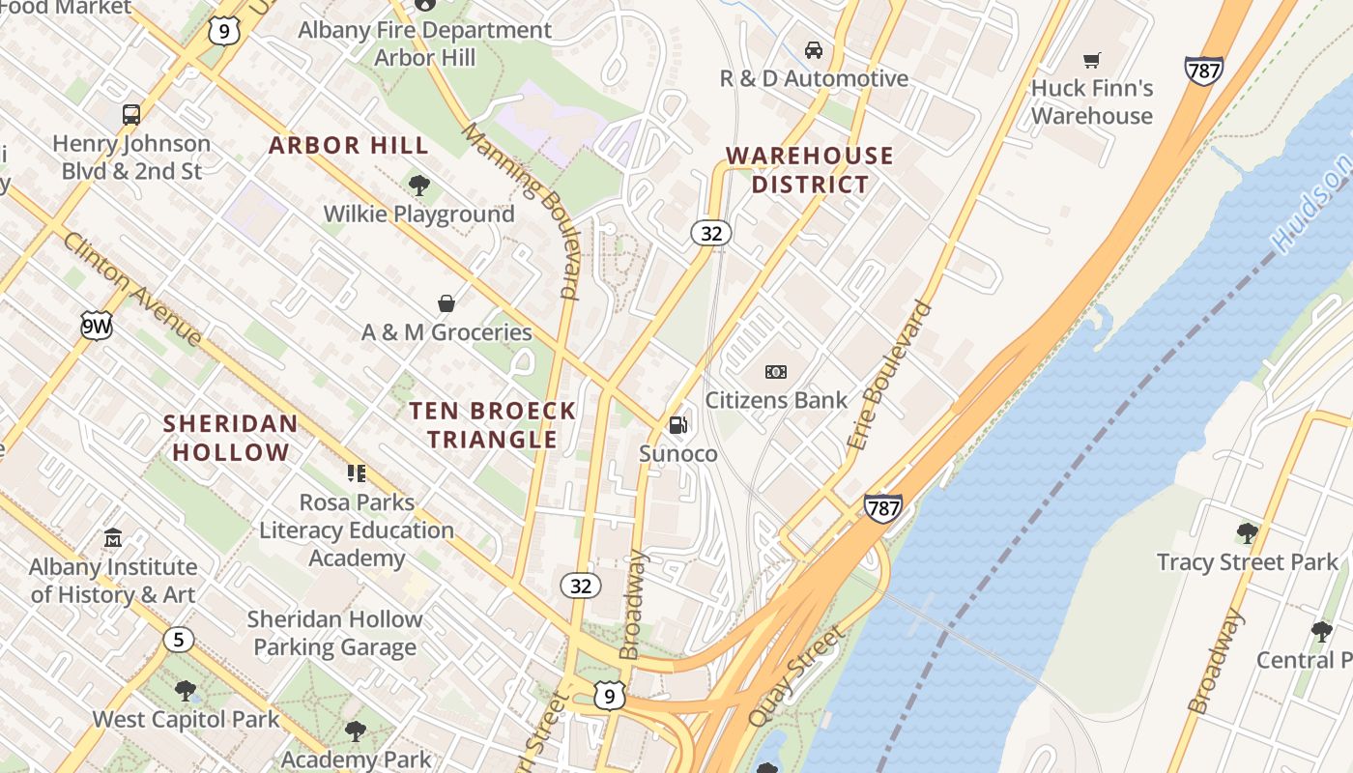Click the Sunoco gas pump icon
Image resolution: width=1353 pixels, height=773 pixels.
pos(678,424)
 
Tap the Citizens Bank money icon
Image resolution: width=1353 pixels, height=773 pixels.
pos(776,372)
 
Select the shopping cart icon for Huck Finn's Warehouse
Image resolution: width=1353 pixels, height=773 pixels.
pos(1092,61)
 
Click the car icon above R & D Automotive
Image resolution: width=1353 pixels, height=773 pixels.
pos(814,50)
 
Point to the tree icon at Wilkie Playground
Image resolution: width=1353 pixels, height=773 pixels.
pos(418,186)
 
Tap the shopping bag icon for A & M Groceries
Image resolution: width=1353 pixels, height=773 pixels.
pos(446,304)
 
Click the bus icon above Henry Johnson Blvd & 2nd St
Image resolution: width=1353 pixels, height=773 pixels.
pos(131,115)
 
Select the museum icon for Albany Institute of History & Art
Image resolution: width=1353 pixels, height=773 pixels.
pos(113,537)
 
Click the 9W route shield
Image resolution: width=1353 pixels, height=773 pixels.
pos(97,326)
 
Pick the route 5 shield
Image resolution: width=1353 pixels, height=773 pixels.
pos(178,640)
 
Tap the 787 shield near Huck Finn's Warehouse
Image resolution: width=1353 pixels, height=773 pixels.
pos(1203,71)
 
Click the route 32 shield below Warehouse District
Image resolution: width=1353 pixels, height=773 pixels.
pos(711,233)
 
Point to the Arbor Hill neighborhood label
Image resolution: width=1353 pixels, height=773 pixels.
pos(348,146)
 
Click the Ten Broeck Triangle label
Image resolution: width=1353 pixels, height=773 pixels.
pos(492,425)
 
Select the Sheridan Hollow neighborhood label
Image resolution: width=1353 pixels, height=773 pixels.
pos(230,438)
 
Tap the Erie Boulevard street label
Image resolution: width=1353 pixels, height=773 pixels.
pos(890,376)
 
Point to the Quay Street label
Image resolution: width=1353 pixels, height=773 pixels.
pos(795,676)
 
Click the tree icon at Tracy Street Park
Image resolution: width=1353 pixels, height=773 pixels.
pos(1247,532)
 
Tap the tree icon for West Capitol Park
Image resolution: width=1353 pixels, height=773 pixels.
pos(186,691)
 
